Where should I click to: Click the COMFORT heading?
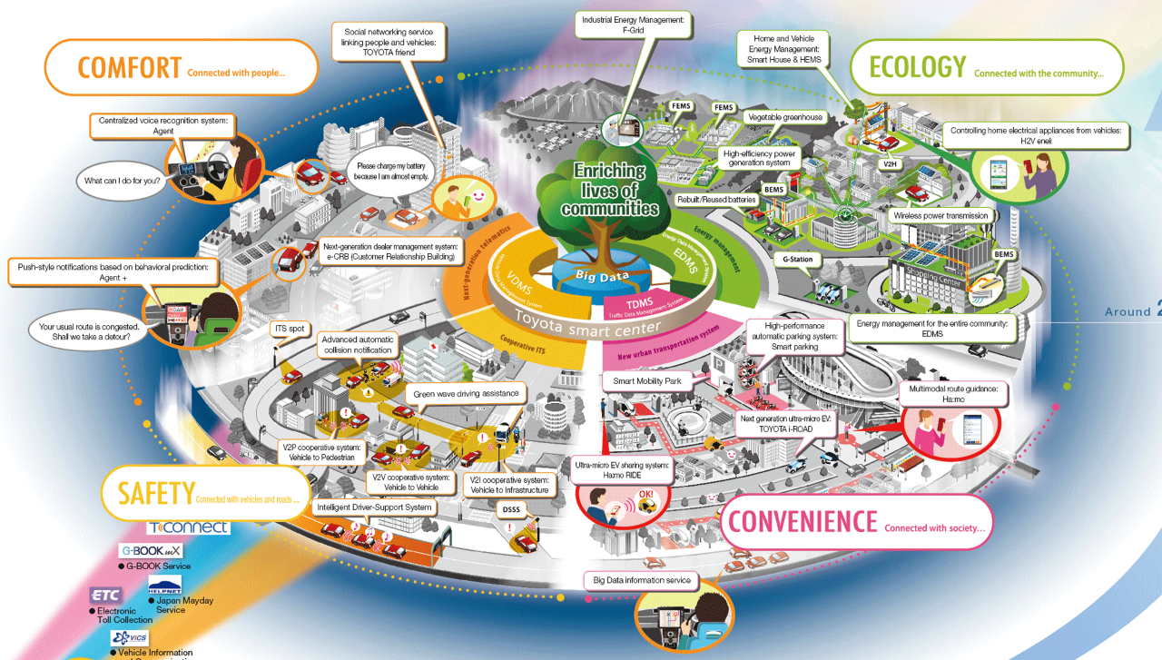[130, 67]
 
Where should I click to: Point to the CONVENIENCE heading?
[803, 521]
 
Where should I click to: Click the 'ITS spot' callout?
[290, 328]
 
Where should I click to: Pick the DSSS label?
[511, 510]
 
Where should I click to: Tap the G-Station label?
[797, 260]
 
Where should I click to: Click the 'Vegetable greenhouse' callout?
[783, 118]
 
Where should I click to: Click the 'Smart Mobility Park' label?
[647, 381]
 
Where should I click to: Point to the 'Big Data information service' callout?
[642, 580]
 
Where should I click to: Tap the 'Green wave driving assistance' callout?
[467, 394]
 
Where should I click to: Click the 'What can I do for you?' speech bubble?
[123, 181]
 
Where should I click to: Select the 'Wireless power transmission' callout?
[940, 216]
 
